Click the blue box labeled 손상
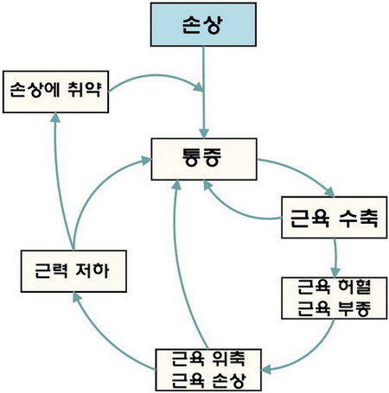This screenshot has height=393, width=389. [203, 24]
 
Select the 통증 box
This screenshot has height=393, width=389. [204, 159]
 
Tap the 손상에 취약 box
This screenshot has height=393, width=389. [55, 92]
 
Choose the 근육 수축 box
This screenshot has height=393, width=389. [334, 218]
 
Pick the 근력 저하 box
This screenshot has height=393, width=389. [73, 271]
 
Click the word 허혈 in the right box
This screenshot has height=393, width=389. [354, 287]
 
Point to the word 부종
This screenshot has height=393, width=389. [354, 308]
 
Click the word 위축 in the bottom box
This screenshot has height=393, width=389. [228, 358]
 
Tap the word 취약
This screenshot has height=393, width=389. [84, 90]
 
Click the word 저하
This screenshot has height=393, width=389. [92, 270]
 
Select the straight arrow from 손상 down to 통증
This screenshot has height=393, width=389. [204, 92]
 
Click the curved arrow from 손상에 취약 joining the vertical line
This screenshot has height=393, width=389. [157, 77]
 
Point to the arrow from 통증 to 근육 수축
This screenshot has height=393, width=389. [300, 172]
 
